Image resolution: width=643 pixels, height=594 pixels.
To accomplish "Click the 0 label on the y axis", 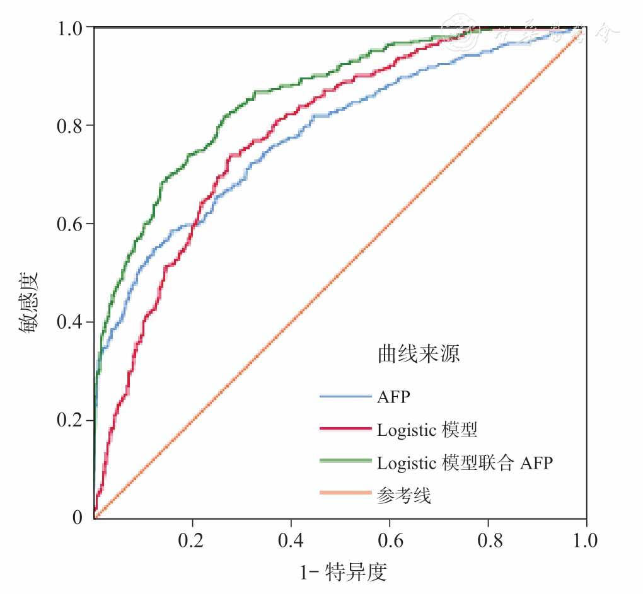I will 77,518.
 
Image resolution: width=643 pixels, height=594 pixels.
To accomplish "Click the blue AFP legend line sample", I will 345,397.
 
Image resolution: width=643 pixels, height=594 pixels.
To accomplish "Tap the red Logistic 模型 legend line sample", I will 345,428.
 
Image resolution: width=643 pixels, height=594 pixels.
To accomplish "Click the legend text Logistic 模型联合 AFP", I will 465,463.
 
